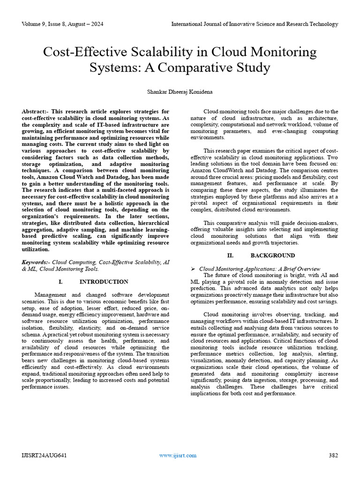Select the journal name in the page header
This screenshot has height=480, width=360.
click(255, 24)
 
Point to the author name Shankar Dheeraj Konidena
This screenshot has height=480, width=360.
click(180, 92)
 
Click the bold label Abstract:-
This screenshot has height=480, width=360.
click(35, 112)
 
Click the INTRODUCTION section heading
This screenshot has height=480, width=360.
click(104, 282)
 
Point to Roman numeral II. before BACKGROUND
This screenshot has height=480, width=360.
click(230, 255)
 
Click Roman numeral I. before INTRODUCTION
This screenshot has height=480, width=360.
click(60, 282)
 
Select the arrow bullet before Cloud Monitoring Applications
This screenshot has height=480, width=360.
click(193, 269)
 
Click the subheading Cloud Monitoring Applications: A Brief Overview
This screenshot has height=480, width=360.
click(260, 269)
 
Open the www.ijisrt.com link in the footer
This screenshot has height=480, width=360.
click(178, 455)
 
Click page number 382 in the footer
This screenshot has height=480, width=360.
click(333, 455)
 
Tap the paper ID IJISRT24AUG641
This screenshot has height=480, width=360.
click(44, 455)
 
